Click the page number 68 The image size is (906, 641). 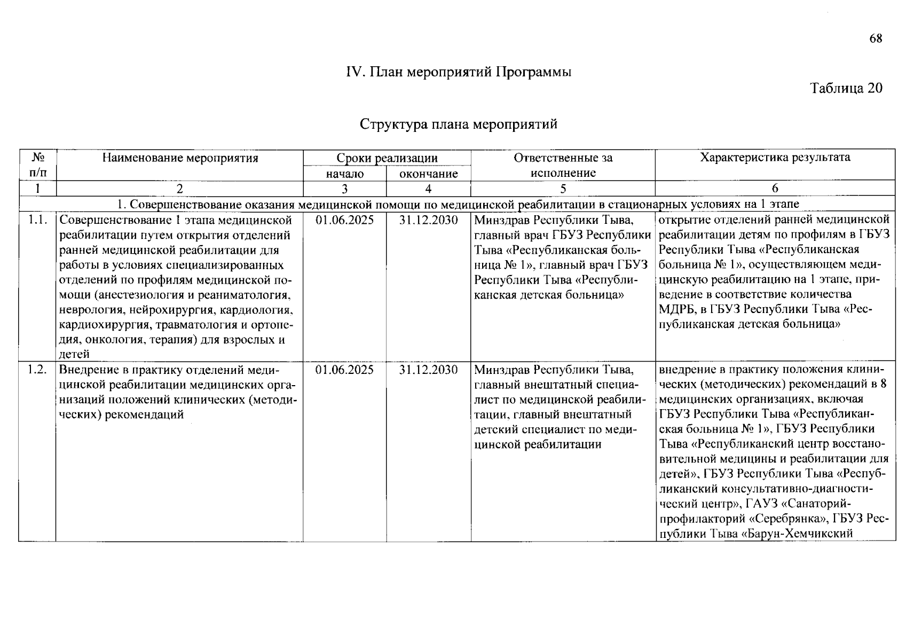coord(876,38)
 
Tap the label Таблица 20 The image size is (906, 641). coord(846,88)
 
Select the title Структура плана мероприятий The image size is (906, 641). coord(459,124)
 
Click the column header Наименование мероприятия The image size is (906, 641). coord(180,158)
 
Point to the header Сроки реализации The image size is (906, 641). coord(387,158)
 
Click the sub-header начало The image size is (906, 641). coord(345,174)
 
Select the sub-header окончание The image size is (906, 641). coord(429,174)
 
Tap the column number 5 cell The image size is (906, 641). coord(563,188)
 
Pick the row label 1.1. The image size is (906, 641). coord(37,220)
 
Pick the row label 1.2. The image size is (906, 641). coord(37,370)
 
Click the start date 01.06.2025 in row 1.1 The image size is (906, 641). coord(345,220)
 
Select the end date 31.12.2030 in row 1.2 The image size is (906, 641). coord(429,370)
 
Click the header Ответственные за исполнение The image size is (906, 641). coord(563,165)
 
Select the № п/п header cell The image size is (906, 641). coord(37,165)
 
